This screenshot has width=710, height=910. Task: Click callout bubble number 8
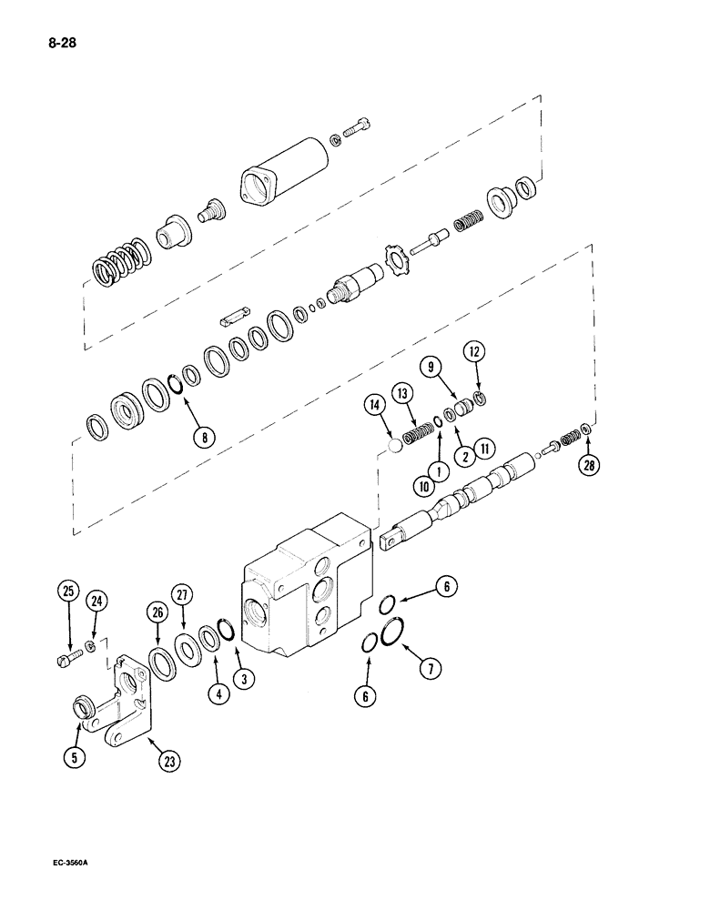tap(206, 436)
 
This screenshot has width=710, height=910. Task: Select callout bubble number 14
tap(376, 405)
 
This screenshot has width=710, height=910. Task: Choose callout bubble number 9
tap(433, 369)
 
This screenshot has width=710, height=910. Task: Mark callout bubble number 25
tap(69, 592)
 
